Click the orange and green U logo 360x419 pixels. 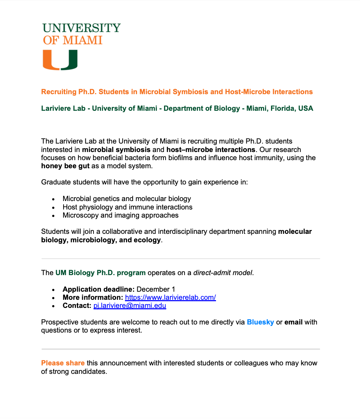tap(60, 60)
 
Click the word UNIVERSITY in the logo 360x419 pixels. tap(82, 28)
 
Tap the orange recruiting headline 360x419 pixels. tap(177, 92)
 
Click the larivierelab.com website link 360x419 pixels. tap(170, 297)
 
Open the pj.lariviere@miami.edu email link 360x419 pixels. tap(130, 305)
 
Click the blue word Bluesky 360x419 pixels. tap(260, 322)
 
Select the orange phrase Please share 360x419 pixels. tap(63, 363)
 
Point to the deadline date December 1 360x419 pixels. tap(156, 289)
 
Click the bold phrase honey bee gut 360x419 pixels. tap(65, 166)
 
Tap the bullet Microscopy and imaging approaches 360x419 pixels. tap(120, 215)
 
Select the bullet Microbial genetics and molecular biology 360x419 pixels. tap(127, 199)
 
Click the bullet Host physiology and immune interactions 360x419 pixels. tap(127, 207)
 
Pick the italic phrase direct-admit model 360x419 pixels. tap(223, 273)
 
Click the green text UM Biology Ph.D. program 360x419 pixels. tap(100, 273)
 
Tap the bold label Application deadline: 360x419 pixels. tap(98, 289)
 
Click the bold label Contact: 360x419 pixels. tap(77, 305)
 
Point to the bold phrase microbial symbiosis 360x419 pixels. tap(116, 150)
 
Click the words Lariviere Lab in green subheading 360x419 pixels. tap(63, 108)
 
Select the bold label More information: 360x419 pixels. tap(93, 297)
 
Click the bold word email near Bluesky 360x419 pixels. tap(293, 322)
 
